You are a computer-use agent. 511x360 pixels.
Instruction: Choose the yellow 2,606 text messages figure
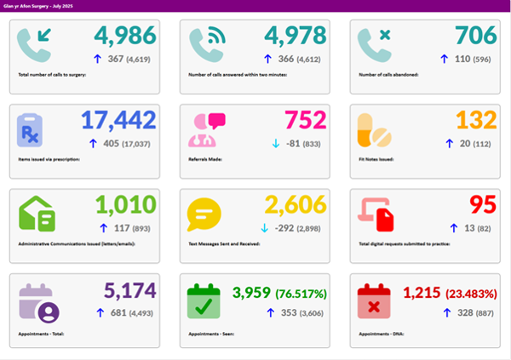296,205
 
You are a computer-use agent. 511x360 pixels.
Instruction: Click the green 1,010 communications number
126,205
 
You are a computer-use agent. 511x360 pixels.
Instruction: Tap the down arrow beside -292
264,228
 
